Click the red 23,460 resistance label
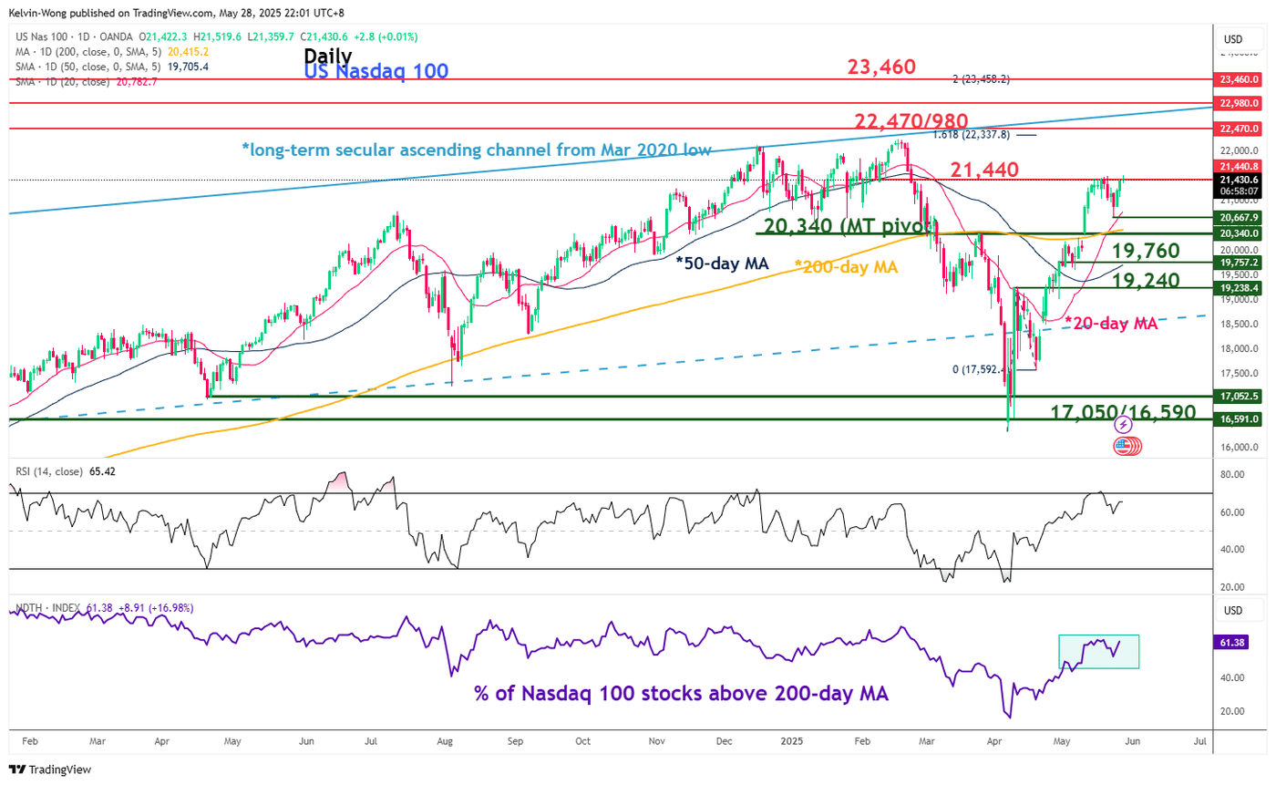[x=881, y=67]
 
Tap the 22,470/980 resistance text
[x=911, y=120]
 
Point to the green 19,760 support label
[x=1146, y=252]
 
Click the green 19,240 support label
[x=1146, y=280]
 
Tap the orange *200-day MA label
[x=846, y=267]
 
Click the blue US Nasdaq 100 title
[x=376, y=71]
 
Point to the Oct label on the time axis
[x=582, y=742]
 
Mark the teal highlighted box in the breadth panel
[x=1098, y=651]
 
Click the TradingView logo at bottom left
[x=50, y=770]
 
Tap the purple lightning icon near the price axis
[x=1123, y=425]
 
